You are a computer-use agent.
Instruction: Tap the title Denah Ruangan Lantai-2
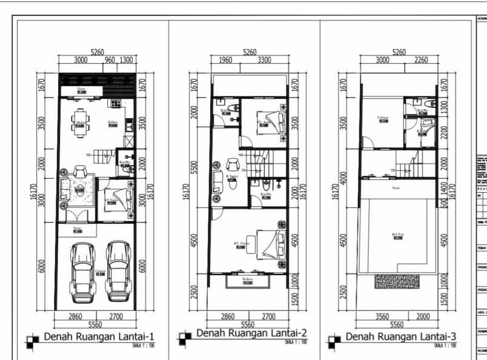[251, 333]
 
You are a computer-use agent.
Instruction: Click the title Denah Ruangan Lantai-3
[401, 336]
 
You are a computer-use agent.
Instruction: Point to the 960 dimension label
[109, 60]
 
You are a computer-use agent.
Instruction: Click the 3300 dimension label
[264, 60]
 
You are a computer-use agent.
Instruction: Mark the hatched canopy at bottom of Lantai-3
[397, 282]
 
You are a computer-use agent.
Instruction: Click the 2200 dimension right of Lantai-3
[443, 130]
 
